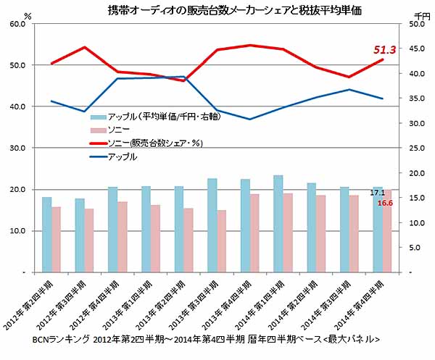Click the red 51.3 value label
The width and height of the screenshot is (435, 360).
click(384, 50)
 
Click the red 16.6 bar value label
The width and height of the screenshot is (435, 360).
click(385, 204)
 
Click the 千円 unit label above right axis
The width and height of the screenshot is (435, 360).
click(423, 14)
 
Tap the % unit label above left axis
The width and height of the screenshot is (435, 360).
click(28, 14)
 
